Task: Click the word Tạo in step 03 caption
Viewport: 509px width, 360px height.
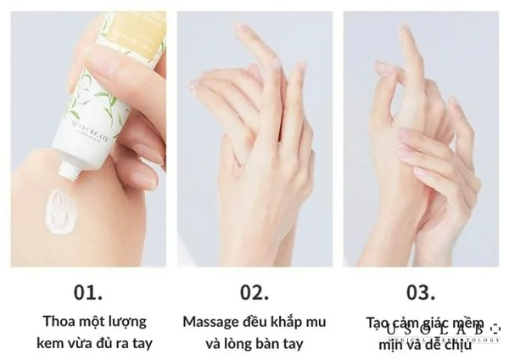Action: [379, 322]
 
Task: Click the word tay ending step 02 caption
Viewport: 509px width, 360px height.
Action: [293, 344]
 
